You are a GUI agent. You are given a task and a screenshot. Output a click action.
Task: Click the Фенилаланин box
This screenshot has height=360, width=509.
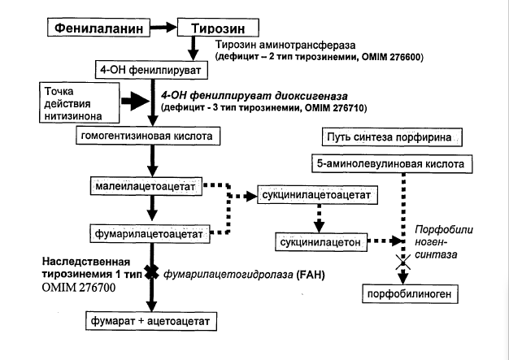point(98,28)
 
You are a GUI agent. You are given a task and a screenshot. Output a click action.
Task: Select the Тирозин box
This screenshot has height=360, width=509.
point(218,28)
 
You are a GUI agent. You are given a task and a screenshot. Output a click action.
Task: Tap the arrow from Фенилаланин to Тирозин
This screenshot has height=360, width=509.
point(163,28)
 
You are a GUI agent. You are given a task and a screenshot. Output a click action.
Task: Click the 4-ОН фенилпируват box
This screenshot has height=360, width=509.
point(151,70)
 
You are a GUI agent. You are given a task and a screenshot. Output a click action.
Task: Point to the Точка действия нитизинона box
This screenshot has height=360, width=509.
point(79,103)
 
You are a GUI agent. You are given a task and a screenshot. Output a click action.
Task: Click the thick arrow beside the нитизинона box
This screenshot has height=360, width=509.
point(135,101)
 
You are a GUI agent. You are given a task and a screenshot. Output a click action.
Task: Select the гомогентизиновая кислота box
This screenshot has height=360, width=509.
point(148,136)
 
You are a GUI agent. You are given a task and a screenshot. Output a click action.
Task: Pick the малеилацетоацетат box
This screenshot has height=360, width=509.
point(146,186)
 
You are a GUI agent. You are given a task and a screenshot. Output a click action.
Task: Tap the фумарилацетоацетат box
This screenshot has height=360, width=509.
point(150,233)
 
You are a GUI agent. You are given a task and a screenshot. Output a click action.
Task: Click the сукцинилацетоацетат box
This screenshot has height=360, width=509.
point(317,195)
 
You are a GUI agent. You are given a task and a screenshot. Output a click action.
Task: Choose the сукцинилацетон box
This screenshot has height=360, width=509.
point(321,242)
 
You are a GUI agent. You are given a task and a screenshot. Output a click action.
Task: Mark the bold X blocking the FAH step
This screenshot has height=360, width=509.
point(151,271)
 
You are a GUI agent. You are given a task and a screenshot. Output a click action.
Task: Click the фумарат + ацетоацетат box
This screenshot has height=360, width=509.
point(151,321)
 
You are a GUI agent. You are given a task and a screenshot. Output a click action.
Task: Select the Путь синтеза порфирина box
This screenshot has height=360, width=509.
point(392,137)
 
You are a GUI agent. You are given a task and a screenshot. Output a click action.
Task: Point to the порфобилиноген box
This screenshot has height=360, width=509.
point(410,294)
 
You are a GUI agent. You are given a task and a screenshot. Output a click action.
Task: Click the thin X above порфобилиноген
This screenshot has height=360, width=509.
point(402,262)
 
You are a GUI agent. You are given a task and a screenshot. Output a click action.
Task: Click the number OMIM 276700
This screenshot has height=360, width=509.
point(79,288)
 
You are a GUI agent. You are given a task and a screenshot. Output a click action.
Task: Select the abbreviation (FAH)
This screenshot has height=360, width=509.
point(311,275)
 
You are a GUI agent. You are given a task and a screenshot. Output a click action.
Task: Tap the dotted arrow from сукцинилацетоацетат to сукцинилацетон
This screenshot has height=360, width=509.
point(319,219)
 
